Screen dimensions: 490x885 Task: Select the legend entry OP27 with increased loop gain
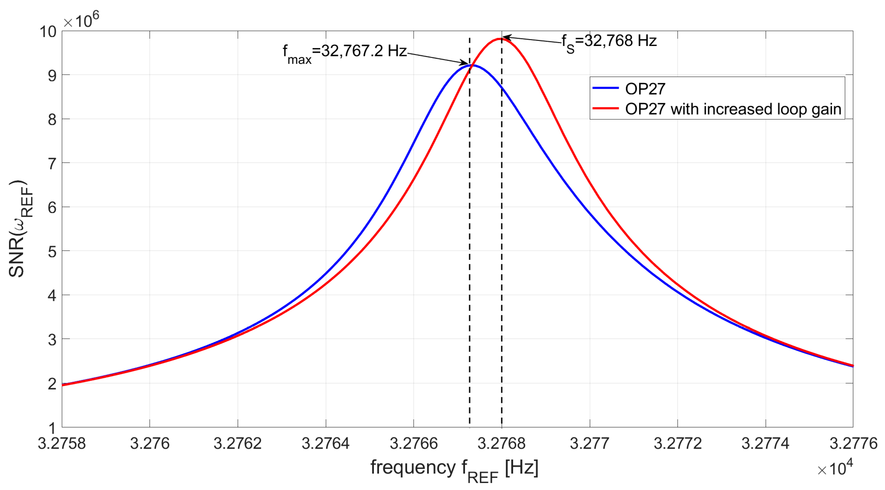click(x=733, y=109)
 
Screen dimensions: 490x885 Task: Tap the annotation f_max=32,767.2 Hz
click(x=344, y=53)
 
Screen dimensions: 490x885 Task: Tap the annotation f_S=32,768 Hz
click(x=609, y=42)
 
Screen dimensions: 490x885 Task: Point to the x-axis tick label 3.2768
click(x=501, y=443)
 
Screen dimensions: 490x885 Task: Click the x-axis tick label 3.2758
click(x=62, y=443)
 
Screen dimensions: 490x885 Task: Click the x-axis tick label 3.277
click(x=589, y=443)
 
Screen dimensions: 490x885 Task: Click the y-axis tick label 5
click(x=52, y=252)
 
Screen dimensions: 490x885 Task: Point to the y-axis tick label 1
click(x=52, y=428)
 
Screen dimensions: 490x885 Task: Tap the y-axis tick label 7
click(x=52, y=164)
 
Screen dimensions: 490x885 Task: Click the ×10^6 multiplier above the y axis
click(x=81, y=21)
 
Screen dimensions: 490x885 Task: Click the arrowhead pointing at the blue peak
click(x=465, y=63)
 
